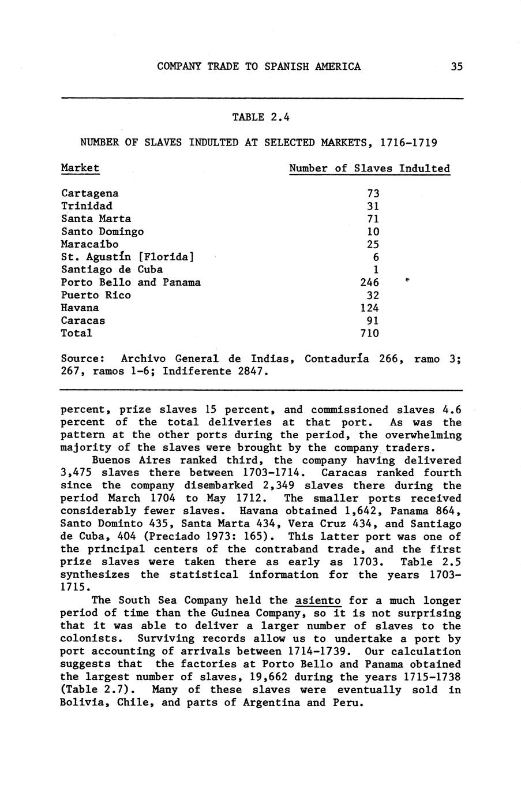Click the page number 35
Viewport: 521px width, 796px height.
point(456,66)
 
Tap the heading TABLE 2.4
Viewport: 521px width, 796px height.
point(260,117)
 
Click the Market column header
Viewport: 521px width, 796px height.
point(80,168)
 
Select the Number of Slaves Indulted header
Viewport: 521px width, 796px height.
point(369,169)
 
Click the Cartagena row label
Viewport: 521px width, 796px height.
point(89,193)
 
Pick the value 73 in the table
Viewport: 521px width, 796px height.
point(373,193)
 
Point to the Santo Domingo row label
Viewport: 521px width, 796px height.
point(102,231)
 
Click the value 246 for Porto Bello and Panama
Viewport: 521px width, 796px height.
point(369,282)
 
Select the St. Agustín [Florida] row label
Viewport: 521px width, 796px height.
point(127,257)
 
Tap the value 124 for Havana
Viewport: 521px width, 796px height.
point(369,308)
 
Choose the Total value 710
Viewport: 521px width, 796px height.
point(369,333)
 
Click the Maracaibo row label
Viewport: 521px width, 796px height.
point(89,244)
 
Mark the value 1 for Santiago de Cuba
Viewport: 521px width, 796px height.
point(376,270)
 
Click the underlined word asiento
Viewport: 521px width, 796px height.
point(318,601)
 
